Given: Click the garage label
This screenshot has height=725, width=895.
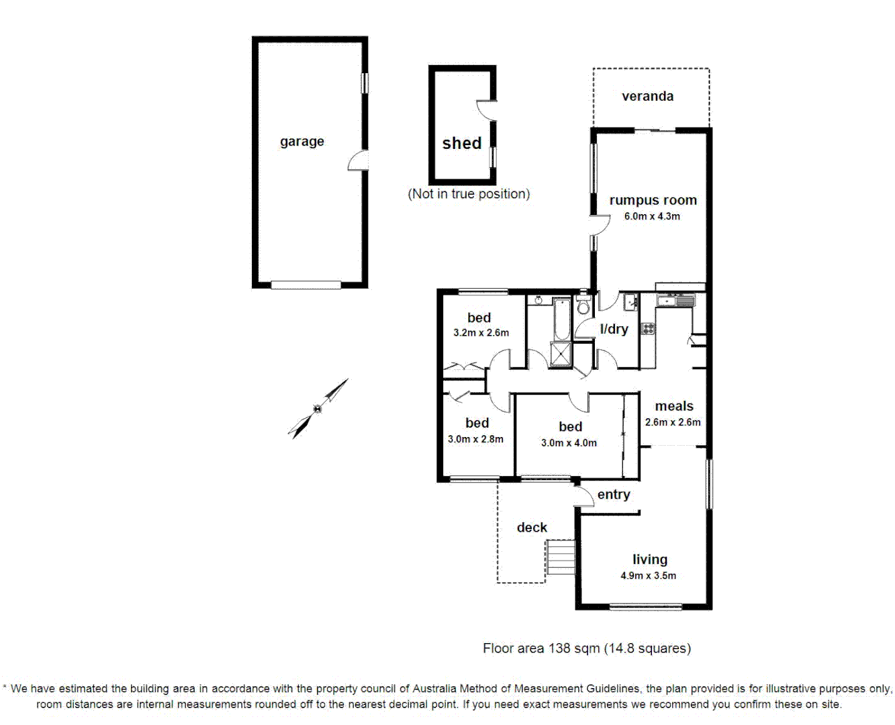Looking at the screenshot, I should [x=301, y=142].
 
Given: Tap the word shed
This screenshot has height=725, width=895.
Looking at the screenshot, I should [x=461, y=143].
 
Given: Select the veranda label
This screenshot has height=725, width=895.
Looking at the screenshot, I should [x=647, y=96].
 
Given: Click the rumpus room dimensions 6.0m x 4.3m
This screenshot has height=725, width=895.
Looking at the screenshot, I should [x=652, y=216].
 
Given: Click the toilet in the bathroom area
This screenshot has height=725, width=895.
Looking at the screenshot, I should [x=582, y=306].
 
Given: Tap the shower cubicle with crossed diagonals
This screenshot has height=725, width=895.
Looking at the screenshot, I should [x=561, y=354].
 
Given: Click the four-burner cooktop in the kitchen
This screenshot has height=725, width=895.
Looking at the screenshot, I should [x=648, y=328].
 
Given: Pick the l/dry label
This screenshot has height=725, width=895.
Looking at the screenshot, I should [x=614, y=329].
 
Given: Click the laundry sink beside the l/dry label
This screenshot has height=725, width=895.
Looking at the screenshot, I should [x=630, y=301].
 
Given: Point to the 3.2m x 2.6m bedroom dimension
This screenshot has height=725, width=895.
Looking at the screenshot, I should [x=481, y=332].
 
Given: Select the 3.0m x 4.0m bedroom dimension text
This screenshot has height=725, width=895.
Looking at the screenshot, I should [x=569, y=443].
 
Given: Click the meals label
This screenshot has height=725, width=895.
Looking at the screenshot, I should [x=674, y=406].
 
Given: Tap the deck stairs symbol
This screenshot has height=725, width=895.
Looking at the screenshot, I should [x=561, y=557].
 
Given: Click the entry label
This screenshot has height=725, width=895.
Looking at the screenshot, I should [x=614, y=495].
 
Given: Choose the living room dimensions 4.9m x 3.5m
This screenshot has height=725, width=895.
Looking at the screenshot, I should [x=648, y=575].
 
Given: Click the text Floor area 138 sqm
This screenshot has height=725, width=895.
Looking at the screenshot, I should [x=542, y=648].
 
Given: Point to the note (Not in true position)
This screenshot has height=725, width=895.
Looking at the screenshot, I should [x=469, y=194].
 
